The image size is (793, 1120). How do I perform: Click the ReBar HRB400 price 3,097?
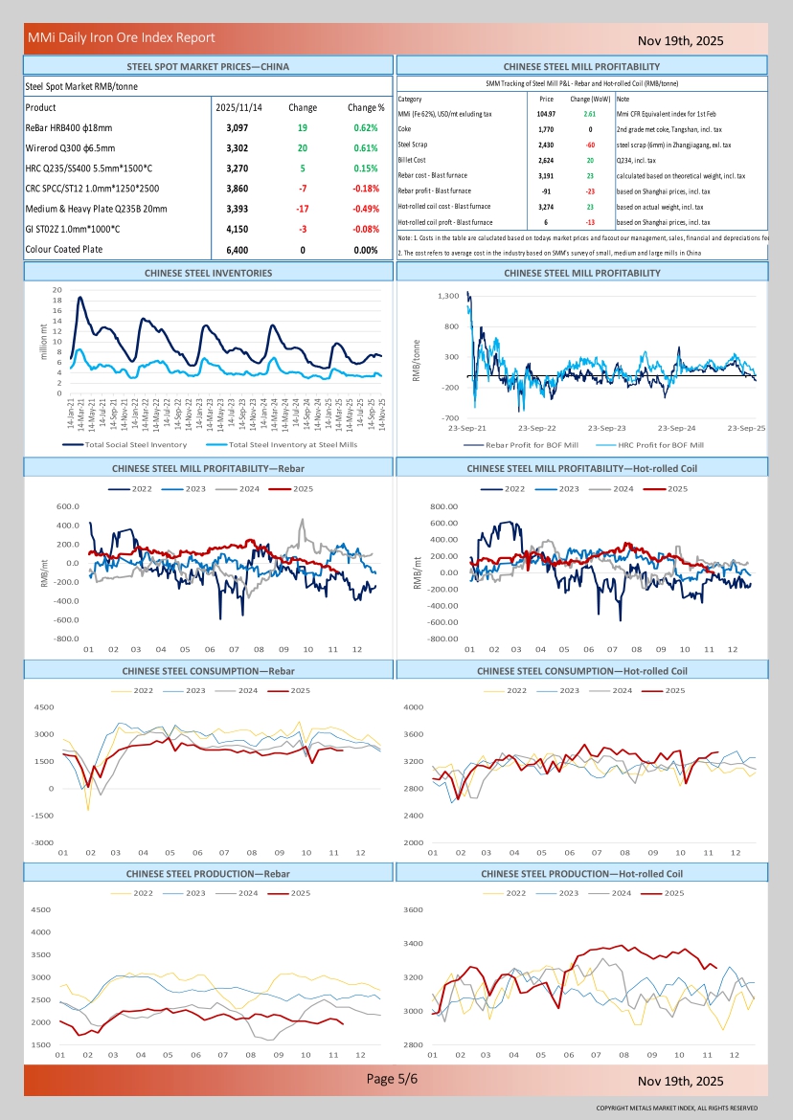238,128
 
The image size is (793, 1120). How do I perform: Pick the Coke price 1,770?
546,129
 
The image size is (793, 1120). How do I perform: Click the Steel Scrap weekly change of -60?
590,145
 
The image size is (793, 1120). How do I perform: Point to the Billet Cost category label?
413,161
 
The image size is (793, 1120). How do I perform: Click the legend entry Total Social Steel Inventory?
135,444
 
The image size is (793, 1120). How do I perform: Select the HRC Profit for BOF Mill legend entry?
660,445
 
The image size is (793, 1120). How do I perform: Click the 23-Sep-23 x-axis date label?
606,428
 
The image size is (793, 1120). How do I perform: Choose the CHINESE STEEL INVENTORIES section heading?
208,273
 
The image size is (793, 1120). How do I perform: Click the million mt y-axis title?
43,342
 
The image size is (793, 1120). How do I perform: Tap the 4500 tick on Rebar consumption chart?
44,707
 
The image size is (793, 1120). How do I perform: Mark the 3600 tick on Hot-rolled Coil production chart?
413,909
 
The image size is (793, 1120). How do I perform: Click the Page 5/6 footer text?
393,1079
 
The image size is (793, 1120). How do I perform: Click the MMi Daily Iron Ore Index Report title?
121,38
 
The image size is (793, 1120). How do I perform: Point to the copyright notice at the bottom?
676,1108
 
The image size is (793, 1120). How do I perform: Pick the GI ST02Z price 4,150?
238,230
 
